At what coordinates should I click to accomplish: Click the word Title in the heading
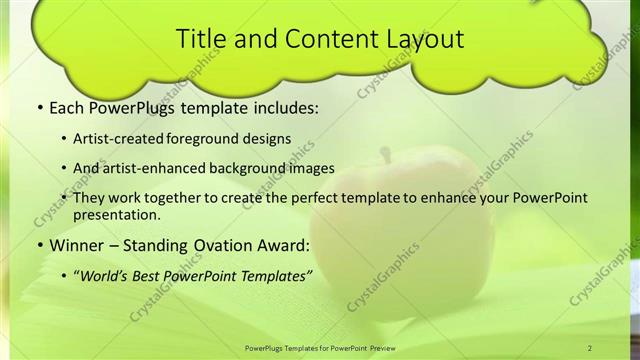pyautogui.click(x=199, y=39)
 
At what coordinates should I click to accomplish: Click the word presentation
pyautogui.click(x=116, y=214)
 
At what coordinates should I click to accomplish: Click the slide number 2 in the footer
pyautogui.click(x=590, y=347)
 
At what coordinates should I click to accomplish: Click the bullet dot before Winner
pyautogui.click(x=38, y=245)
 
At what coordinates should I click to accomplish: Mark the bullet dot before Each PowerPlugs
pyautogui.click(x=38, y=106)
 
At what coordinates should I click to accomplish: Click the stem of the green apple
pyautogui.click(x=384, y=155)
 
